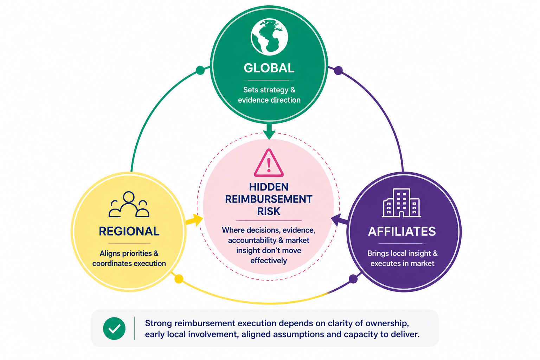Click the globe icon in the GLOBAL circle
point(269,37)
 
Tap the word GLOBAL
point(269,68)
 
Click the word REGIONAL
point(129,231)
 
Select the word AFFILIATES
point(402,231)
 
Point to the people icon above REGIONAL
point(129,205)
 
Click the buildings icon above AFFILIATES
point(401,203)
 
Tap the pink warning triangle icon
point(269,163)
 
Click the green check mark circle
point(114,328)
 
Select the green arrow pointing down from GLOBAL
point(269,131)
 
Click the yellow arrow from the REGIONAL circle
point(194,220)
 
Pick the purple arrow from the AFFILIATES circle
point(339,220)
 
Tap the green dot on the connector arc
point(200,70)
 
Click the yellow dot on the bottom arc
point(179,279)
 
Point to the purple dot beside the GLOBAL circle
point(339,70)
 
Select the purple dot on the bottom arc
point(353,279)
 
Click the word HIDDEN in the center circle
point(269,187)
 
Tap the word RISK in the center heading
point(269,211)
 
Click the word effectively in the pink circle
point(269,261)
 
